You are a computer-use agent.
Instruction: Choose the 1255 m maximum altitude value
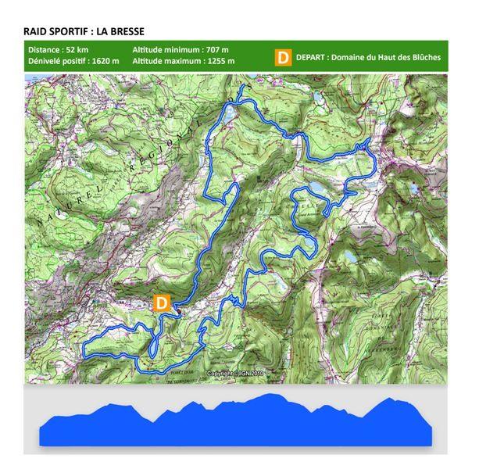pyautogui.click(x=220, y=61)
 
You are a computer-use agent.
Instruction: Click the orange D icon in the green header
pyautogui.click(x=283, y=56)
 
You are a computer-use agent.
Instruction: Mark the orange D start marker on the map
pyautogui.click(x=161, y=303)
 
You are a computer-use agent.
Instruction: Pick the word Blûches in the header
pyautogui.click(x=422, y=56)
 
